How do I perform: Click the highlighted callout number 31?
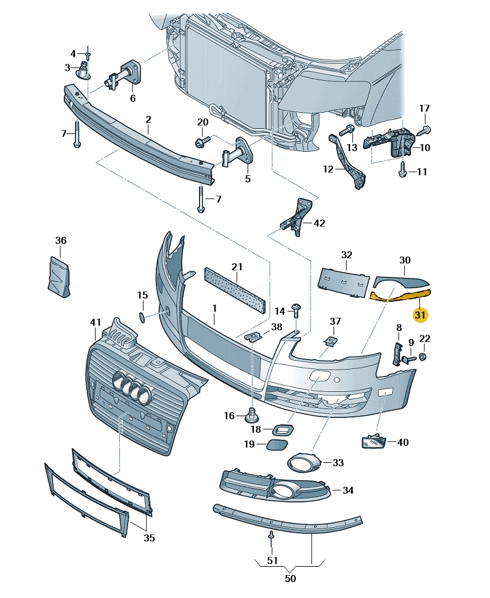420,315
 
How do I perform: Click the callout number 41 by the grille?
96,322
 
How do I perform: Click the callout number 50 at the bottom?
290,579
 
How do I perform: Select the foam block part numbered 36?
59,274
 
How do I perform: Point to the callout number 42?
319,223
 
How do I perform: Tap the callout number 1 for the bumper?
215,308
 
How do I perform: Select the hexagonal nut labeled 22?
423,357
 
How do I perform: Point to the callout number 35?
149,538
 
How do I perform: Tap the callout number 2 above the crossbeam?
148,120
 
